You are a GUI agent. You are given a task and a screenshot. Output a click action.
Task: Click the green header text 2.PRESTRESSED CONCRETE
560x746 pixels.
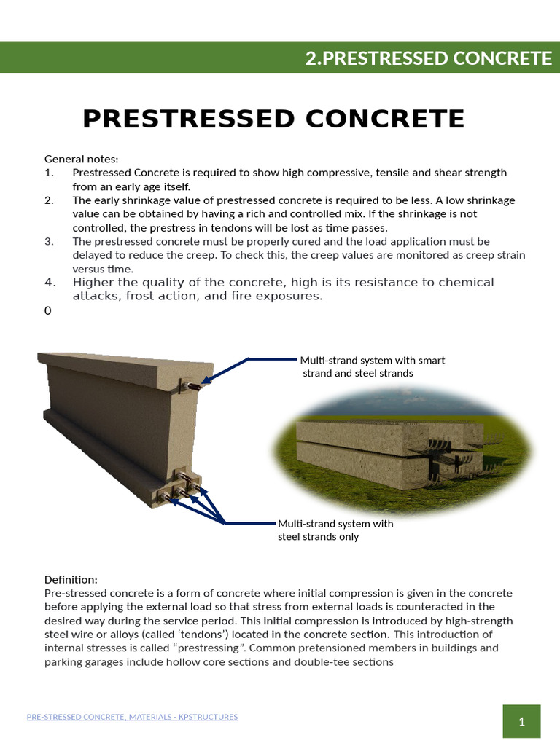pyautogui.click(x=428, y=58)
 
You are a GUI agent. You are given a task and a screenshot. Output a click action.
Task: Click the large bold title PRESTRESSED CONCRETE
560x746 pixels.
pyautogui.click(x=273, y=119)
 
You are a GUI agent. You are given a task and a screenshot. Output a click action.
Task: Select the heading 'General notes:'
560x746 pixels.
pyautogui.click(x=81, y=159)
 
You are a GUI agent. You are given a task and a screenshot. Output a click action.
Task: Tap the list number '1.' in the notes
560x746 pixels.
pyautogui.click(x=49, y=173)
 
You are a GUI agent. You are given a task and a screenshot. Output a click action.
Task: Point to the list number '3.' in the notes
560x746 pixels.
pyautogui.click(x=49, y=241)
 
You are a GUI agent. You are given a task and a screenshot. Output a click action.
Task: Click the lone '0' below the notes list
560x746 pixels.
pyautogui.click(x=48, y=311)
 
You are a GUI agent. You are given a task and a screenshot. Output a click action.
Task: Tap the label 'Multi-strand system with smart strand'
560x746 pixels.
pyautogui.click(x=373, y=361)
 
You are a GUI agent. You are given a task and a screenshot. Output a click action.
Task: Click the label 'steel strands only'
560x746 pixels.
pyautogui.click(x=319, y=537)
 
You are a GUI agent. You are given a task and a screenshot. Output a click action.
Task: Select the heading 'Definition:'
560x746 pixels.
pyautogui.click(x=71, y=579)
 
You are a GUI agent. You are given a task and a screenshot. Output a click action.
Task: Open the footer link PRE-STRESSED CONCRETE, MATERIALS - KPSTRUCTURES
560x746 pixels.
pyautogui.click(x=132, y=717)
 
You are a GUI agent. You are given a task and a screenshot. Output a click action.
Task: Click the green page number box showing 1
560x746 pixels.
pyautogui.click(x=522, y=722)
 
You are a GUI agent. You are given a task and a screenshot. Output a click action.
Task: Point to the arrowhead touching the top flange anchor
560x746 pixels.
pyautogui.click(x=206, y=380)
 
